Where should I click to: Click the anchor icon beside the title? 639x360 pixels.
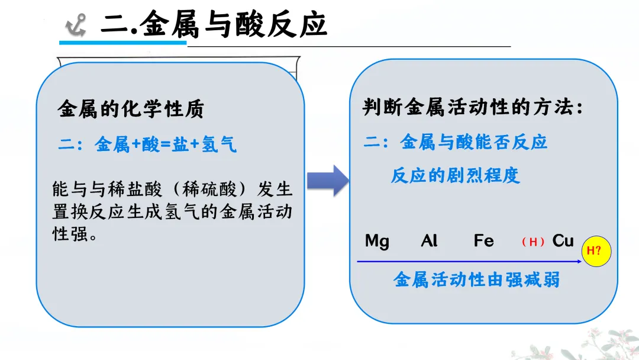click(x=75, y=25)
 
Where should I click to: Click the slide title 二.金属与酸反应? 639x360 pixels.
click(x=213, y=24)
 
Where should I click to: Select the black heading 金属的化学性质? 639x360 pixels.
click(x=131, y=109)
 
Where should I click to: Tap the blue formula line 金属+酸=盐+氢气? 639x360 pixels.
click(x=147, y=144)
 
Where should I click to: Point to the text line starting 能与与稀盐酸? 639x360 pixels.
click(x=172, y=190)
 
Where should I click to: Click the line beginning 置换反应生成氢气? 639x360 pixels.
click(x=172, y=211)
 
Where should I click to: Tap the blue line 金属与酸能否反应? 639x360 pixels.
click(x=456, y=142)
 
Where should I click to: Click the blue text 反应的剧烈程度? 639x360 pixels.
click(x=455, y=175)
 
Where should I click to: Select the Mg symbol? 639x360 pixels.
click(x=377, y=241)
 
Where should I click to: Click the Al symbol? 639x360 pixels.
click(x=429, y=241)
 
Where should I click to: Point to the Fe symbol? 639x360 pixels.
click(x=483, y=241)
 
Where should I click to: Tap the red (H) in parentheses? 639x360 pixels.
click(x=533, y=242)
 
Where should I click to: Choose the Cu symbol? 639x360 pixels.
click(x=563, y=240)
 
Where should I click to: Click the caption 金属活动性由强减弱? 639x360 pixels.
click(x=476, y=279)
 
